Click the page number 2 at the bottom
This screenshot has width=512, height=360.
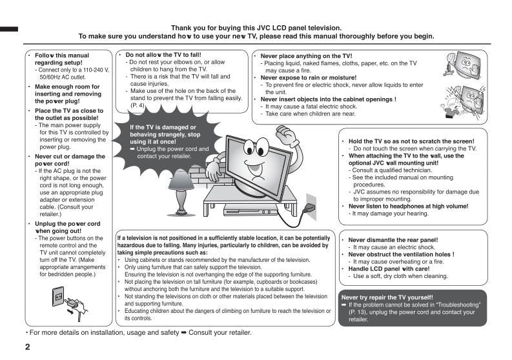pos(27,347)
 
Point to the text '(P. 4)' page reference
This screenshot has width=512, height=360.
pos(138,105)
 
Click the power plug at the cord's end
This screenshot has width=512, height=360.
pos(309,208)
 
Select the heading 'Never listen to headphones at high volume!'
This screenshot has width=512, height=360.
pos(408,206)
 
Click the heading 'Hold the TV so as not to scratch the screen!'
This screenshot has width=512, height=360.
pos(411,141)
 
